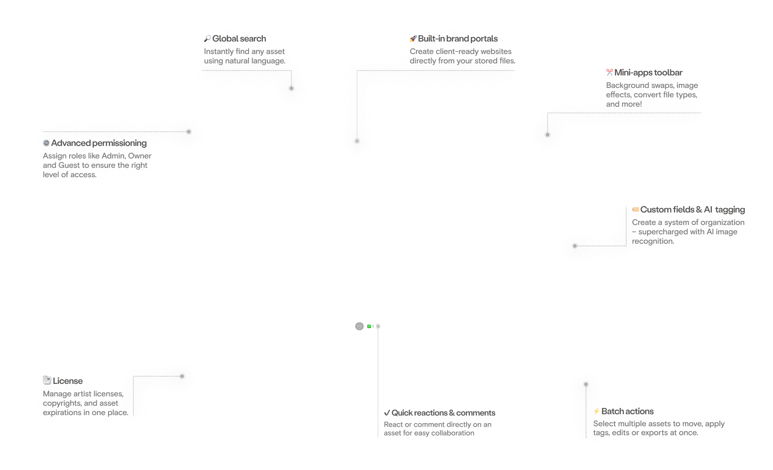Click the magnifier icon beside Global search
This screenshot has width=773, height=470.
[x=208, y=37]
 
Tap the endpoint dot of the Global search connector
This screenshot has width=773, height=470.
[x=291, y=88]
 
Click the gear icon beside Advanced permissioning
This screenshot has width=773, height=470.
[x=47, y=142]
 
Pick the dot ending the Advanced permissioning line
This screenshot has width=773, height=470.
[x=189, y=132]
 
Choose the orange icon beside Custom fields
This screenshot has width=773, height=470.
[x=636, y=209]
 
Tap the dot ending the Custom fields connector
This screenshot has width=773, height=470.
[x=575, y=246]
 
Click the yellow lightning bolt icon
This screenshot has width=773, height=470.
[x=597, y=411]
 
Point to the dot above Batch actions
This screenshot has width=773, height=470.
[x=586, y=384]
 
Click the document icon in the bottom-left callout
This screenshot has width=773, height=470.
[x=47, y=380]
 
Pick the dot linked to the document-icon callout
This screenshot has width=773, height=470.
[x=182, y=376]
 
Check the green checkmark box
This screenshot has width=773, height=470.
[x=369, y=327]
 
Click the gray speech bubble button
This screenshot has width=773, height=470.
[x=359, y=327]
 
